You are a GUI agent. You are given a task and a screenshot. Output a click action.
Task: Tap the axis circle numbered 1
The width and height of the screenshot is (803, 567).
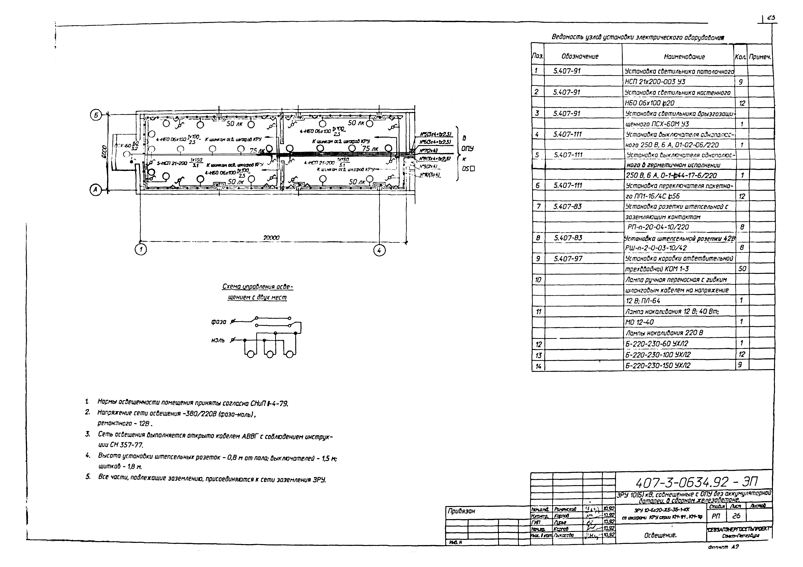pos(141,249)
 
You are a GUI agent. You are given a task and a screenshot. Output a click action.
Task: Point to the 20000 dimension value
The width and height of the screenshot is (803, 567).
pos(271,238)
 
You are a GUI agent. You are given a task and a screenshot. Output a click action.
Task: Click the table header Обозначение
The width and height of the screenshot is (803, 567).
pos(580,56)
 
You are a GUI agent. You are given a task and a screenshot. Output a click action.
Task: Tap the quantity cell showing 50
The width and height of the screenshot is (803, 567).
pos(742,269)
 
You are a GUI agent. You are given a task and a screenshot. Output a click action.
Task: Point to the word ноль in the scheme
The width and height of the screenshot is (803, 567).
pos(218,340)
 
